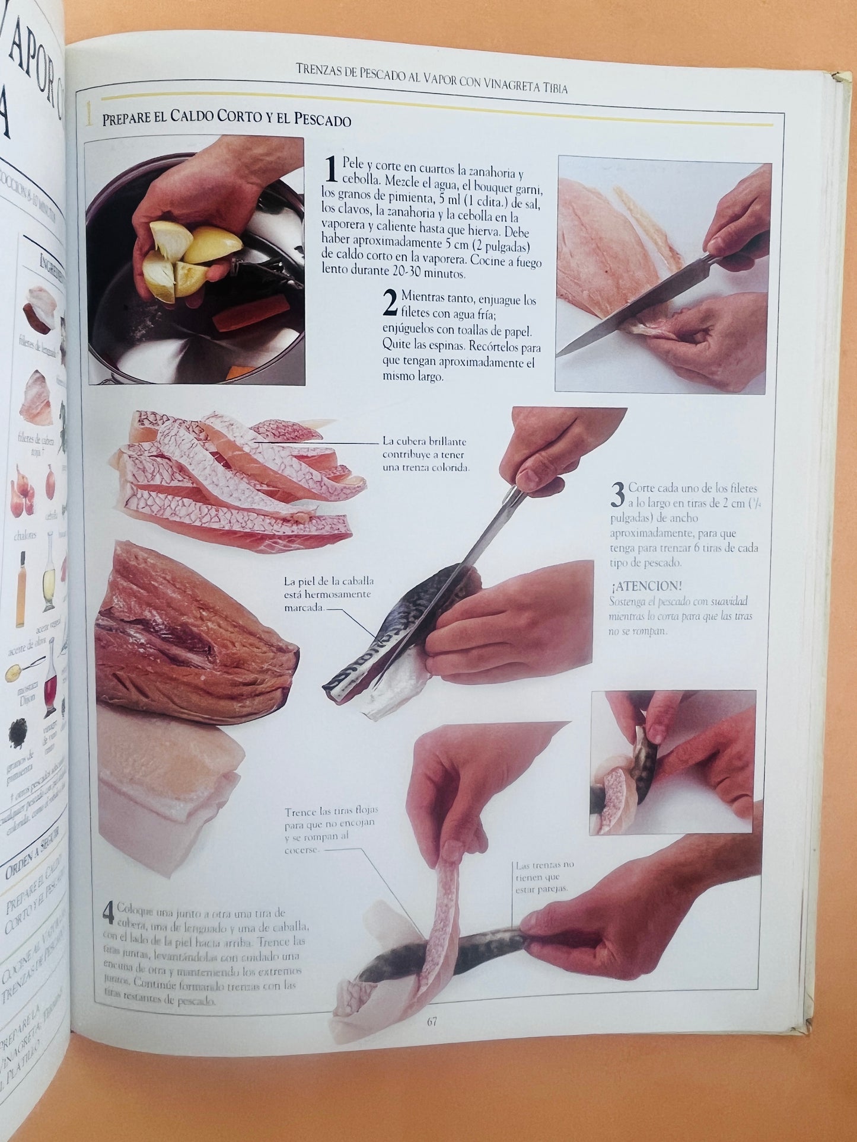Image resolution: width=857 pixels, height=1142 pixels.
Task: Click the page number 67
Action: click(431, 1021)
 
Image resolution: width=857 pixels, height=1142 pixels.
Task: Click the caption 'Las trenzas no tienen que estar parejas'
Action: click(544, 877)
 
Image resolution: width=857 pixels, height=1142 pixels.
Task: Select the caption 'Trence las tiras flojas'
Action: click(331, 830)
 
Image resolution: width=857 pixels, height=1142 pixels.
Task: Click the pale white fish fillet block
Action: click(166, 788)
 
